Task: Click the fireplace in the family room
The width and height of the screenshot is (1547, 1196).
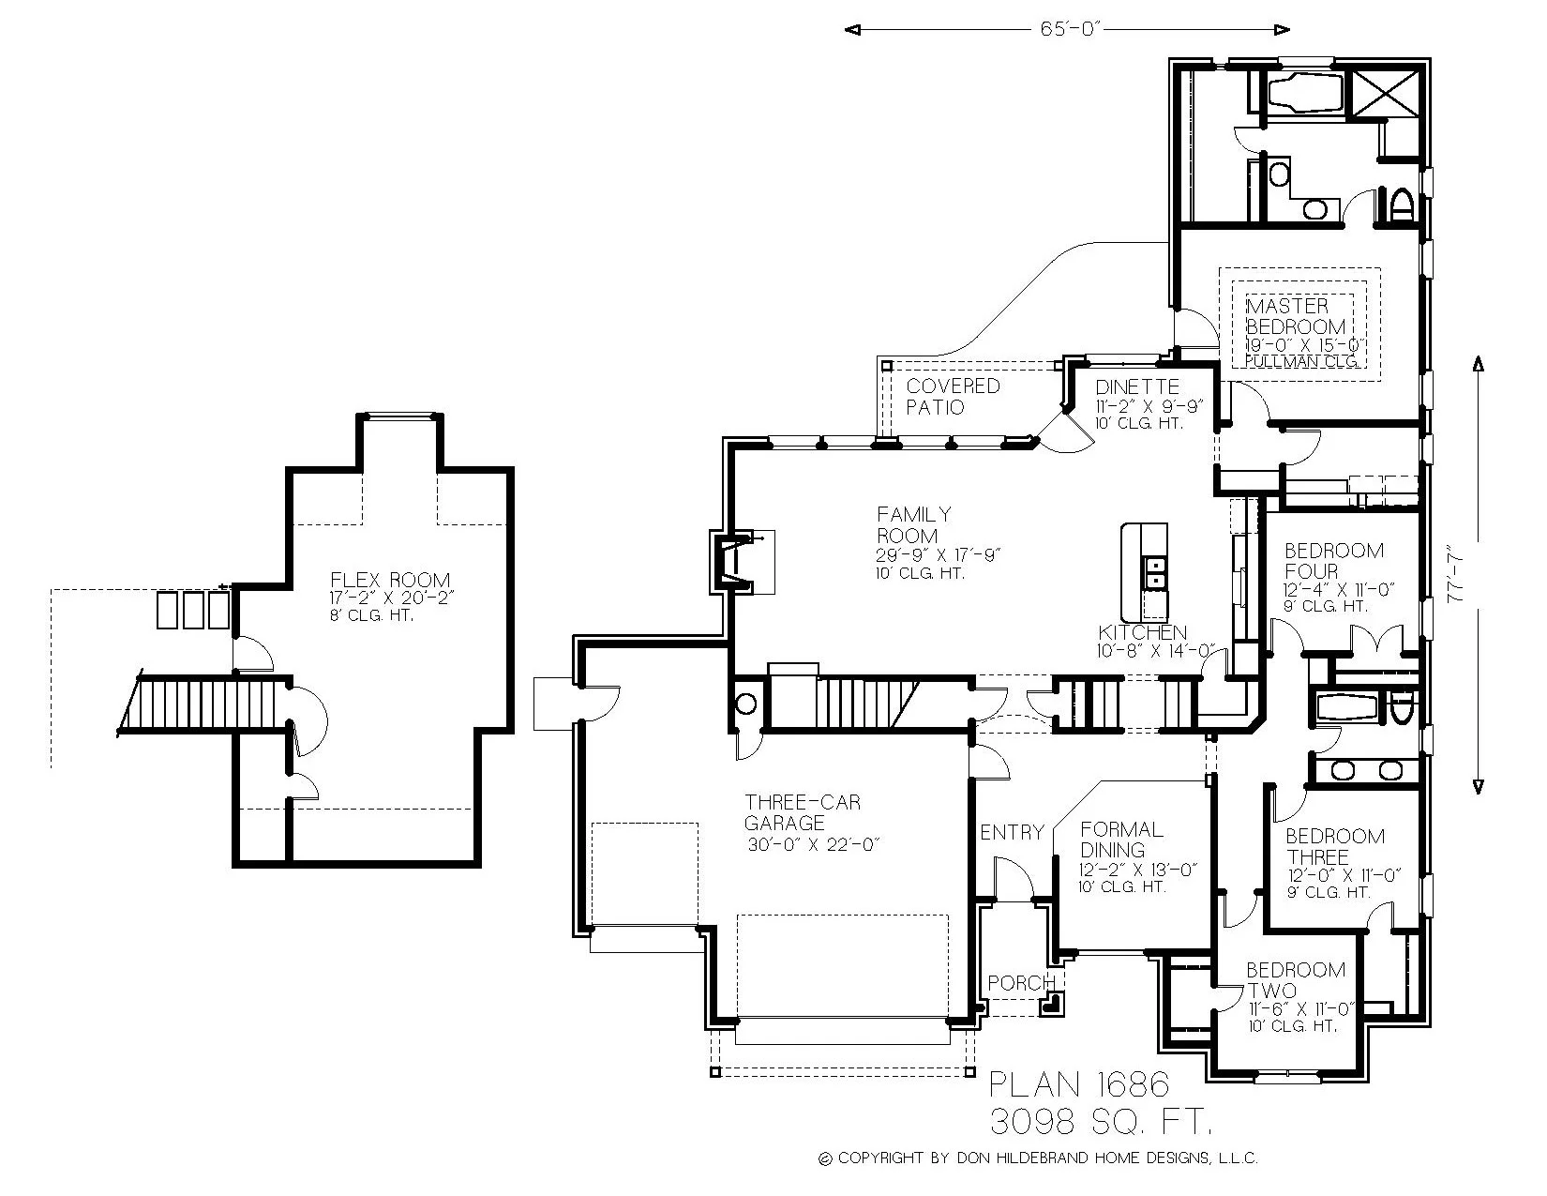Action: (x=737, y=562)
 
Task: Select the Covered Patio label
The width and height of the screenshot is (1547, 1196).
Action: (x=952, y=397)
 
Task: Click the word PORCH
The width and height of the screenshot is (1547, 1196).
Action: (x=1021, y=983)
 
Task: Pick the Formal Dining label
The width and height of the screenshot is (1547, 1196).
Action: (x=1121, y=840)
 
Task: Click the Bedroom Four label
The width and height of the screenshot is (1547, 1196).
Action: (x=1320, y=561)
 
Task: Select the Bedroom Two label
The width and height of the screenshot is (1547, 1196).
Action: (x=1295, y=980)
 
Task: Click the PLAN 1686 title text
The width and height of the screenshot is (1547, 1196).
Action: (x=1080, y=1085)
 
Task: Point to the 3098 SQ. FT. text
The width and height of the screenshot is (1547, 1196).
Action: (x=1102, y=1120)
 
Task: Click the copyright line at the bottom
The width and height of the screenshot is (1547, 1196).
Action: (x=1038, y=1158)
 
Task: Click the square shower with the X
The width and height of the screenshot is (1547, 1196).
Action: (x=1384, y=92)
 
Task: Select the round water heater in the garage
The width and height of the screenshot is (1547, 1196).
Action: (x=746, y=704)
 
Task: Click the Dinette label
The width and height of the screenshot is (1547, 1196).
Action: (x=1136, y=386)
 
